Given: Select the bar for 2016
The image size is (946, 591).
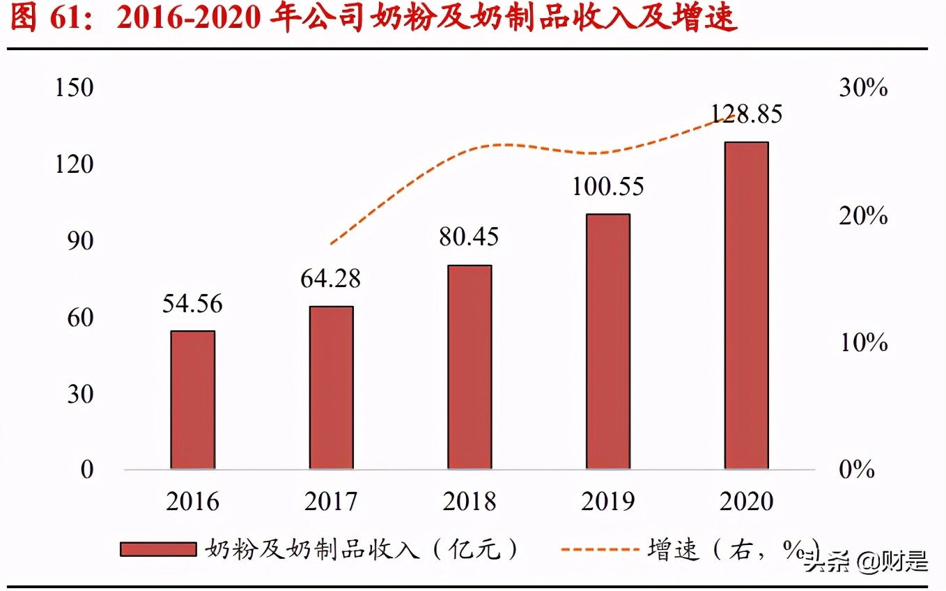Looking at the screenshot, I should [193, 399].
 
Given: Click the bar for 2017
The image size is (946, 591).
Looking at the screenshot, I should [331, 387].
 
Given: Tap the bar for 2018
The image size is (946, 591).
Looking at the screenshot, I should [470, 367].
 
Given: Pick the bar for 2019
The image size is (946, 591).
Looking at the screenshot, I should [607, 341].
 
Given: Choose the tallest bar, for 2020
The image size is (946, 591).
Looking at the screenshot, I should [746, 305].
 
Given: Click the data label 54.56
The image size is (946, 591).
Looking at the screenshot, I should [192, 304].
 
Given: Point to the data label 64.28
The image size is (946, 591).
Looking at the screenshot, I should [331, 279].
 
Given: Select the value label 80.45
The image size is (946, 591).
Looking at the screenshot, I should [469, 237].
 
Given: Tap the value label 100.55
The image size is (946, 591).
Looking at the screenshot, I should [607, 187].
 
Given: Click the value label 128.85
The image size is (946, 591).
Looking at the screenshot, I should [746, 114].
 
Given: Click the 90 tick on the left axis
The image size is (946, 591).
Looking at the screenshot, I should [79, 241].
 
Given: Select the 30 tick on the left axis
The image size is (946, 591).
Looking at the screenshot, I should [79, 394].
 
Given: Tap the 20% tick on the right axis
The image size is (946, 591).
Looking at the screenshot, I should [863, 216].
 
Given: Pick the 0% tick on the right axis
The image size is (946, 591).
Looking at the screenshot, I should [856, 470].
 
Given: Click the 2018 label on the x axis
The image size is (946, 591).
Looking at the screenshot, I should [470, 502].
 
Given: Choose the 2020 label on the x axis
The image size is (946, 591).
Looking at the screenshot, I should [746, 502].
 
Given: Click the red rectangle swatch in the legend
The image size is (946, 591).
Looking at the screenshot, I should [158, 549].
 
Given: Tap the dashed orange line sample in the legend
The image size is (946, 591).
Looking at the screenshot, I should [600, 549].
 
